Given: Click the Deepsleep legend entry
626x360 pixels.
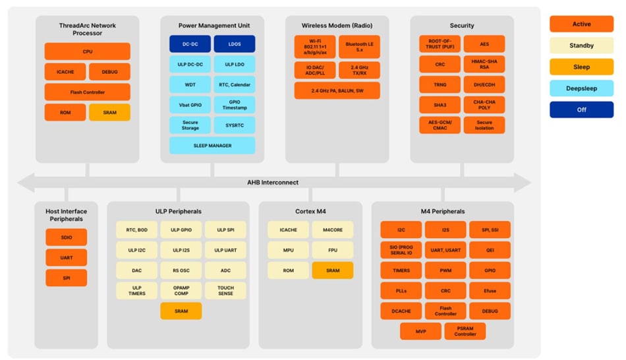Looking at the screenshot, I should click(x=581, y=88).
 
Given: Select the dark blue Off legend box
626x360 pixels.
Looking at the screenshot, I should click(x=581, y=109).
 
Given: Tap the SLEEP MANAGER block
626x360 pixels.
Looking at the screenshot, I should click(x=212, y=146).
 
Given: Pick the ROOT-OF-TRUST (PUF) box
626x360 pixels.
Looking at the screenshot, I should click(x=440, y=44).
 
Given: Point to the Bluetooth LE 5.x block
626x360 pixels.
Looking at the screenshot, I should click(x=359, y=47).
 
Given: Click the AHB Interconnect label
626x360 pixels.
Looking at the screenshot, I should click(x=273, y=183).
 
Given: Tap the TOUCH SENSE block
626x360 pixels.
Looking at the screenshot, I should click(x=225, y=291).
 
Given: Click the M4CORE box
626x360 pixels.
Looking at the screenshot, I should click(x=332, y=230).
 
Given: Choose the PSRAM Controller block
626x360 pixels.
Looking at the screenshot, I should click(x=465, y=331).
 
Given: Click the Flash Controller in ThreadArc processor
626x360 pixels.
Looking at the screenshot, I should click(x=87, y=92).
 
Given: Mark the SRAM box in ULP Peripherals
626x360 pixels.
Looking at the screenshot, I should click(x=181, y=311).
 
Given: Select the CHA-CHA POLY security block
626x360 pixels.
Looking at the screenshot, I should click(x=484, y=105).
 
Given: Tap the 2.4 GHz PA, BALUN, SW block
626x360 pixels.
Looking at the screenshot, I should click(x=337, y=91).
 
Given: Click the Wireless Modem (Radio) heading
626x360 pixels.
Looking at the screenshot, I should click(x=337, y=26).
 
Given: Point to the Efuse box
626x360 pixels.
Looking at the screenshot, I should click(x=490, y=291).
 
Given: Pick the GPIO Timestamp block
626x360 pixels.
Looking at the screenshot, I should click(x=235, y=105).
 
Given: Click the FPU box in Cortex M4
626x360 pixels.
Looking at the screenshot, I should click(x=332, y=251).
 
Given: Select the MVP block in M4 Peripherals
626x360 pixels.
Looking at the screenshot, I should click(x=420, y=331).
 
